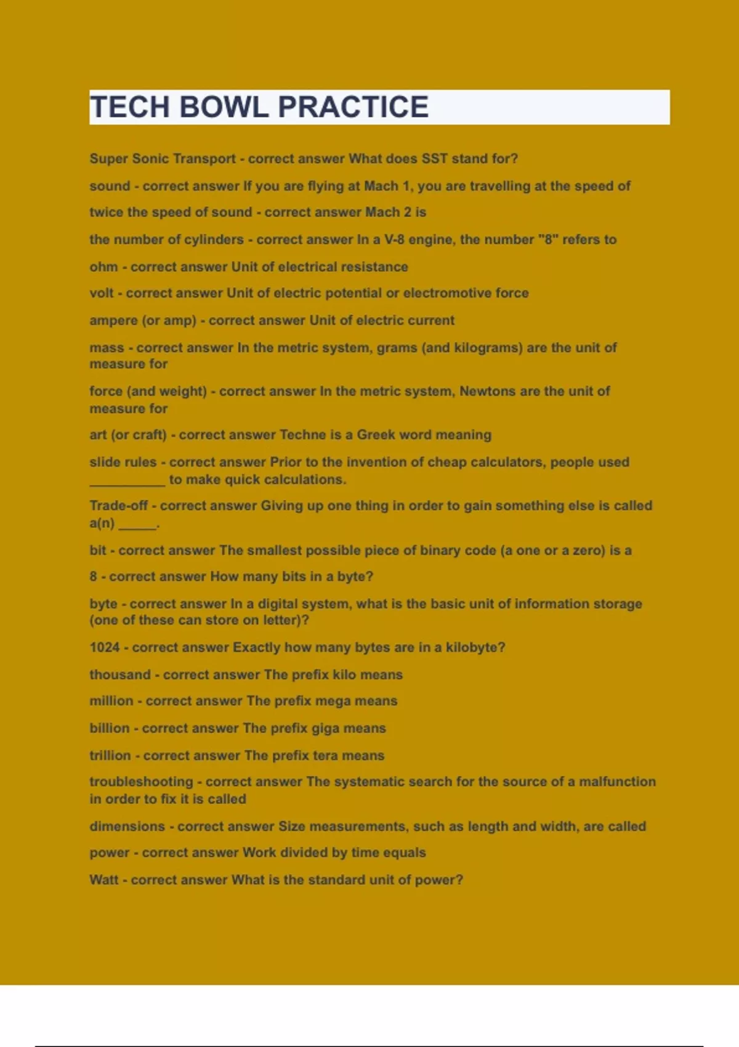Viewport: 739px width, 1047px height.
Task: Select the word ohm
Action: pyautogui.click(x=103, y=267)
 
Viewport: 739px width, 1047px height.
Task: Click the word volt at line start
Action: pyautogui.click(x=102, y=293)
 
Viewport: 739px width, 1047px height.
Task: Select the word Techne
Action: pyautogui.click(x=302, y=435)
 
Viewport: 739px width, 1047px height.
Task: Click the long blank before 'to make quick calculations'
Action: pyautogui.click(x=127, y=481)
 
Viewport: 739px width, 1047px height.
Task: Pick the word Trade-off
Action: pyautogui.click(x=118, y=506)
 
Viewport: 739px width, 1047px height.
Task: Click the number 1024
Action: pyautogui.click(x=105, y=647)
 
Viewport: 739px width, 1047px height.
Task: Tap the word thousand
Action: pyautogui.click(x=120, y=674)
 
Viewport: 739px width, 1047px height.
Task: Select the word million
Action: pyautogui.click(x=111, y=701)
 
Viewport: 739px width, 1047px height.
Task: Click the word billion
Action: pyautogui.click(x=110, y=728)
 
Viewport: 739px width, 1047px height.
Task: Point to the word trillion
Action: pyautogui.click(x=110, y=756)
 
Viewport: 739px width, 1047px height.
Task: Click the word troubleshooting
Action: pyautogui.click(x=141, y=782)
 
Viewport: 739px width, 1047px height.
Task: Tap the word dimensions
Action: pyautogui.click(x=127, y=827)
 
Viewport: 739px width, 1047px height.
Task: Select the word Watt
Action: pyautogui.click(x=103, y=880)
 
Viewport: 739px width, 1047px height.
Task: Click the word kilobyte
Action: pyautogui.click(x=473, y=648)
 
